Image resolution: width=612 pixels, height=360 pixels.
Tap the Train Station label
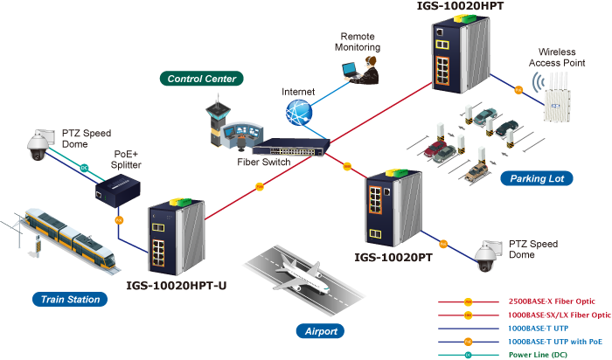pos(70,300)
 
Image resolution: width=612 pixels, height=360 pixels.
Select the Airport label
pos(321,331)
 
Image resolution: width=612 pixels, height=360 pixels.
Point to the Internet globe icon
pos(298,112)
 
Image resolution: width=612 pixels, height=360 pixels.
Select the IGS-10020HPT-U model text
pos(178,285)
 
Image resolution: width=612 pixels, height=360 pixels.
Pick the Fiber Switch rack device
pos(294,149)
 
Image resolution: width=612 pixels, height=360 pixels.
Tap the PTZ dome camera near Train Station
pos(38,148)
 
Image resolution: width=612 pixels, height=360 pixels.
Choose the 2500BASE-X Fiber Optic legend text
pos(559,301)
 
